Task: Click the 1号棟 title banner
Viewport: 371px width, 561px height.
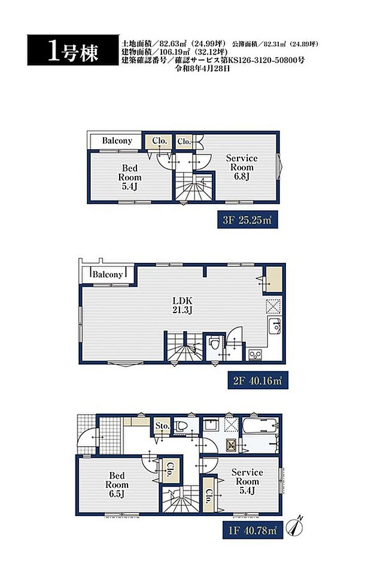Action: point(73,50)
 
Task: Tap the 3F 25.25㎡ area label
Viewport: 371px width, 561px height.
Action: point(247,220)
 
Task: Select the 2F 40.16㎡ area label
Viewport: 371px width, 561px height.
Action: point(257,381)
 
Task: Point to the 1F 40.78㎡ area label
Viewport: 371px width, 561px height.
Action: point(253,530)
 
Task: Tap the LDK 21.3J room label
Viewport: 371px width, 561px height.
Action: point(183,305)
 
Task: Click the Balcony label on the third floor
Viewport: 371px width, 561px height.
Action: point(117,140)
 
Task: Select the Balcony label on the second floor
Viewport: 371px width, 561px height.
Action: point(108,274)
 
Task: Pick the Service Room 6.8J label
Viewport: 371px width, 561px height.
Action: point(242,167)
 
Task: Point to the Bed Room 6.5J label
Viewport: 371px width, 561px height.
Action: point(117,485)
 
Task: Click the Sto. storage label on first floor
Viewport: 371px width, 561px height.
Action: point(162,426)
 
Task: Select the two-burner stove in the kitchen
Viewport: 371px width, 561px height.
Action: point(255,354)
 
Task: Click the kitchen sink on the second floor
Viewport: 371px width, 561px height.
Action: point(275,325)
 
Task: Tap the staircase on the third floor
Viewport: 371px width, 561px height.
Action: point(194,187)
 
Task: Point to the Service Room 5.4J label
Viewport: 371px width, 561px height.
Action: point(247,481)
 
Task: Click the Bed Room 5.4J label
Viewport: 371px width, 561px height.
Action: point(130,177)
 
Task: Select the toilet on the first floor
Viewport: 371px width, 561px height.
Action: point(181,426)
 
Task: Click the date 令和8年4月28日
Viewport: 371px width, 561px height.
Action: point(202,69)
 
